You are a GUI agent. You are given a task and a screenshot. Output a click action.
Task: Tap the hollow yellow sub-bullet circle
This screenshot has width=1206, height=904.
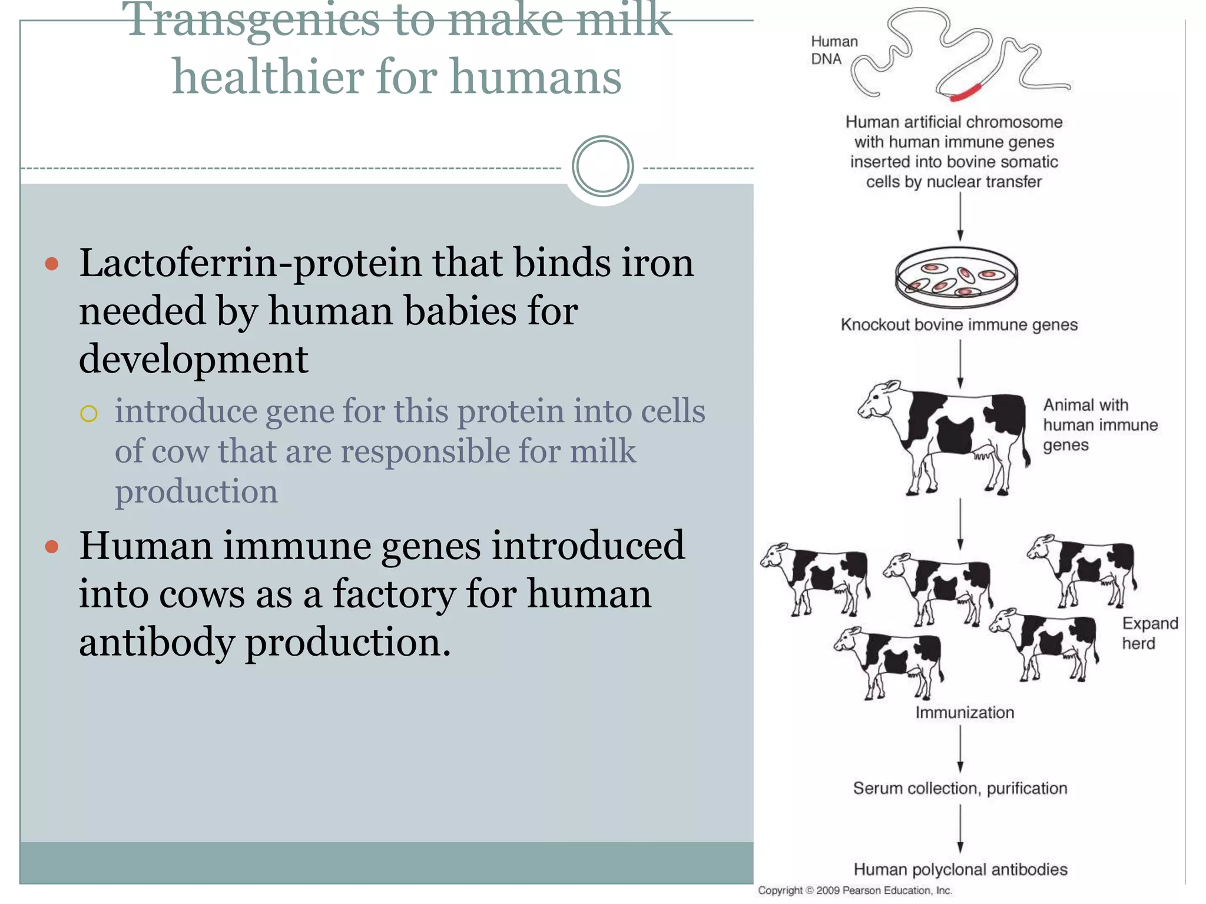coord(88,414)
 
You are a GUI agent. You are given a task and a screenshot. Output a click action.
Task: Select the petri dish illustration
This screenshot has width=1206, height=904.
coord(956,277)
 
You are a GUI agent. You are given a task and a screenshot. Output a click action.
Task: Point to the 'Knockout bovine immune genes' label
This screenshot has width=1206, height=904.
coord(959,325)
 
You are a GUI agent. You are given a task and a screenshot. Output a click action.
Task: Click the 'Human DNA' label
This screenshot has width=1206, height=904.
coord(833,50)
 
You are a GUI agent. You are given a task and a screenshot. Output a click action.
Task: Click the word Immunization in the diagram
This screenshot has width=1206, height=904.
coord(965,713)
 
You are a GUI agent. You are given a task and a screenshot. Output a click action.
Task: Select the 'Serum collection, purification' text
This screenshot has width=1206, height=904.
coord(960,789)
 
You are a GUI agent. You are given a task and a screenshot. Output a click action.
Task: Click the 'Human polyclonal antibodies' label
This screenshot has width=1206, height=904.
coord(960,870)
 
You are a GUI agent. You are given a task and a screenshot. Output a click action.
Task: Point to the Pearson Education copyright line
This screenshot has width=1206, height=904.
coord(854,891)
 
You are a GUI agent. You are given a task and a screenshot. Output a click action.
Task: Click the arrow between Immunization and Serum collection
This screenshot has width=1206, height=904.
coord(960,749)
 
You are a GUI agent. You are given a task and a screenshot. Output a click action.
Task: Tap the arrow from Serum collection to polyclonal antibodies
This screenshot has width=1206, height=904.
coord(960,829)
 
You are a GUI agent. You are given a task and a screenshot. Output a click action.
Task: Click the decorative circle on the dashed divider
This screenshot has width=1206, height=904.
coord(602,167)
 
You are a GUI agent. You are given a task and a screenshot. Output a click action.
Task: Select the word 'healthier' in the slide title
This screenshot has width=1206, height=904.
coord(267,77)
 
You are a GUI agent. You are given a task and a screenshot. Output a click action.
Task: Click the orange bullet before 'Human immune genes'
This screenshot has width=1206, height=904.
coord(52,547)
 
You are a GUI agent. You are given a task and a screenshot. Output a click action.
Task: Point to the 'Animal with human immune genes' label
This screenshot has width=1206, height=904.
coord(1099,425)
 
